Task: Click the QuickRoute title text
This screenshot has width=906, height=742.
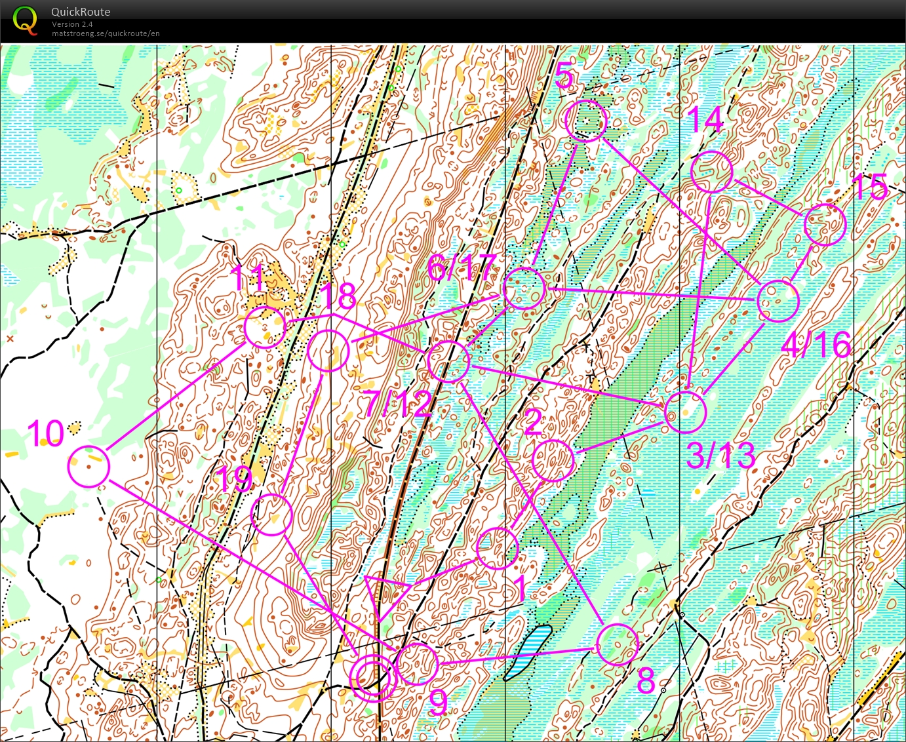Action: pyautogui.click(x=80, y=12)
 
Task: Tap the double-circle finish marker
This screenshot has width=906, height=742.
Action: pyautogui.click(x=372, y=678)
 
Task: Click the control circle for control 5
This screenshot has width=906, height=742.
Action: pyautogui.click(x=586, y=121)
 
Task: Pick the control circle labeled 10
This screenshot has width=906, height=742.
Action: pyautogui.click(x=89, y=466)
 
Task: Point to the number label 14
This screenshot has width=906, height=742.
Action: pyautogui.click(x=705, y=119)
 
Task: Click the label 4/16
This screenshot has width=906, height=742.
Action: pyautogui.click(x=816, y=344)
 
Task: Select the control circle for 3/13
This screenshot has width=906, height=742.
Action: pyautogui.click(x=685, y=412)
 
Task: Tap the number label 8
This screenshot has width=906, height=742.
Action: pyautogui.click(x=646, y=681)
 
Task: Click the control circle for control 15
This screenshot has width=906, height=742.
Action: pyautogui.click(x=825, y=225)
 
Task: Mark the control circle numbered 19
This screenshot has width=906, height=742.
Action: pyautogui.click(x=271, y=514)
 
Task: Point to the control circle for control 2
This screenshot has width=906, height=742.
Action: pyautogui.click(x=553, y=461)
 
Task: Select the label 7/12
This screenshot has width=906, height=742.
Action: pyautogui.click(x=399, y=403)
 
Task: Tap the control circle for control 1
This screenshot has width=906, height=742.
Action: pyautogui.click(x=497, y=548)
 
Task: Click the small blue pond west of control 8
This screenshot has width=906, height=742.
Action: pyautogui.click(x=528, y=652)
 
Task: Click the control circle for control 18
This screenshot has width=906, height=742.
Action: pyautogui.click(x=328, y=351)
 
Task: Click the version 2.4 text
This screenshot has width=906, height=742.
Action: pyautogui.click(x=72, y=24)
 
